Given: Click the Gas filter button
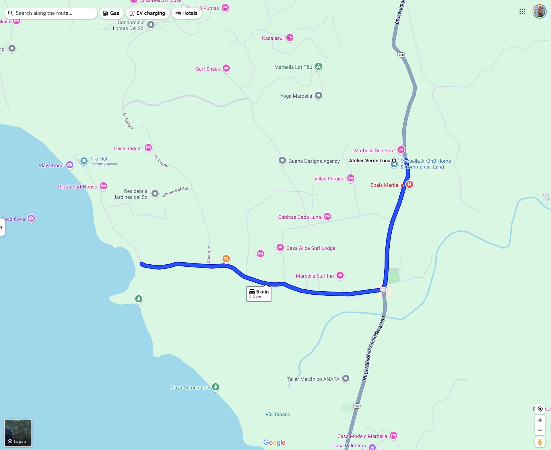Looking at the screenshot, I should click(111, 13).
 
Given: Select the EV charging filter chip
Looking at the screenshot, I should click(148, 13).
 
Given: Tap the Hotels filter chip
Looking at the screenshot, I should click(186, 13).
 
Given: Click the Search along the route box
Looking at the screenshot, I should click(51, 13).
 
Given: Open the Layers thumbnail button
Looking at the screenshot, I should click(18, 433).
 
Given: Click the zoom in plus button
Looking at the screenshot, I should click(540, 420).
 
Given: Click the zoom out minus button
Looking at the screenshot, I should click(540, 430).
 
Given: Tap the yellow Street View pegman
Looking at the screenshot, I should click(540, 442).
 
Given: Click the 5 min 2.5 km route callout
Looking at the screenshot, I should click(259, 294).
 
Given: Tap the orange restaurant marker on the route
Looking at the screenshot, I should click(226, 259).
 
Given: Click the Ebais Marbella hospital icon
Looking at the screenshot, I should click(410, 184).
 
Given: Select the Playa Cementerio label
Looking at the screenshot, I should click(190, 388).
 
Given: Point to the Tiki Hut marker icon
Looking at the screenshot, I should click(84, 161).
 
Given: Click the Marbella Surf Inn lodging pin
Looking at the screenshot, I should click(340, 275).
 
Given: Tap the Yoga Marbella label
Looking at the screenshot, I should click(296, 96).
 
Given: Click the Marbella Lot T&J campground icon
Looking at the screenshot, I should click(319, 66).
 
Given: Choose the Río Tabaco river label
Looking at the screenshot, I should click(278, 414).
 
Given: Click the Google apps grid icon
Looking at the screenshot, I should click(522, 11).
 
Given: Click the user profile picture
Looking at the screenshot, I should click(539, 11).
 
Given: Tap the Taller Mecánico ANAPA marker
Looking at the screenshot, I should click(346, 378).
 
